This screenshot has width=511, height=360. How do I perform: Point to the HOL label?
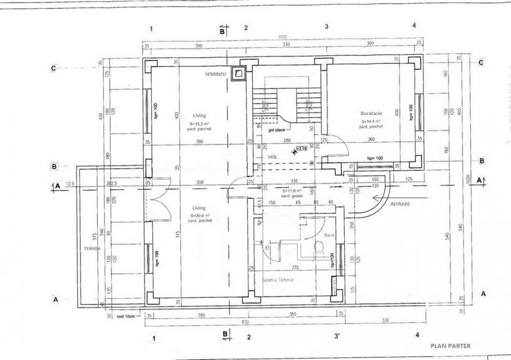click(272, 156)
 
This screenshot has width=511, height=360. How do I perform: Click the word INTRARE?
click(401, 205)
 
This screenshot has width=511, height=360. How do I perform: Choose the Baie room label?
click(329, 236)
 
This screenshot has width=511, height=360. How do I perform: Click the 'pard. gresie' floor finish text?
click(294, 196)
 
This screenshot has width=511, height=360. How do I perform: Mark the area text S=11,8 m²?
click(292, 190)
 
